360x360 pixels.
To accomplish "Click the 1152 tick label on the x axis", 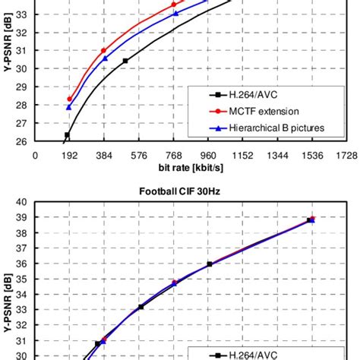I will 243,154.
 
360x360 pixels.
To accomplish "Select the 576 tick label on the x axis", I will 139,154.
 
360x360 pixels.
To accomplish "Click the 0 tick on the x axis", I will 35,154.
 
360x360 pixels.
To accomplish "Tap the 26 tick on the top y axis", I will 22,141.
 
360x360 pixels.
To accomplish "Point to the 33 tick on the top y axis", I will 22,14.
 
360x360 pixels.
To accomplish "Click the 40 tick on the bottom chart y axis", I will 22,202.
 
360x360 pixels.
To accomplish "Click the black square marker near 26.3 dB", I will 67,135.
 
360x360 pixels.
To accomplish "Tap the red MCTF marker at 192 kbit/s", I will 70,99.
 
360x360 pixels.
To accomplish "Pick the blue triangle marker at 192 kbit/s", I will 69,107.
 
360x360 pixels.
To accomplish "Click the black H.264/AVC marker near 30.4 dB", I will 125,61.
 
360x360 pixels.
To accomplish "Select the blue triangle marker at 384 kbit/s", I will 105,58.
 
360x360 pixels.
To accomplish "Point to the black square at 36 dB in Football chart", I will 210,264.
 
